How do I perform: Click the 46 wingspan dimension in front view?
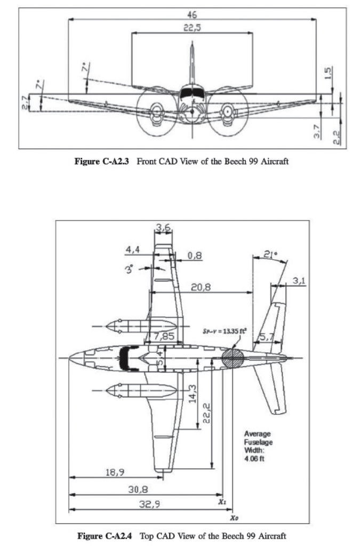(x=192, y=14)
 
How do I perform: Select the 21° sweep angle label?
(x=273, y=256)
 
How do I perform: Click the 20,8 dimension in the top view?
(x=201, y=288)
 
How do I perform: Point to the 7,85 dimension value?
(x=164, y=337)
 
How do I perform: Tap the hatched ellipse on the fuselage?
(x=232, y=357)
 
